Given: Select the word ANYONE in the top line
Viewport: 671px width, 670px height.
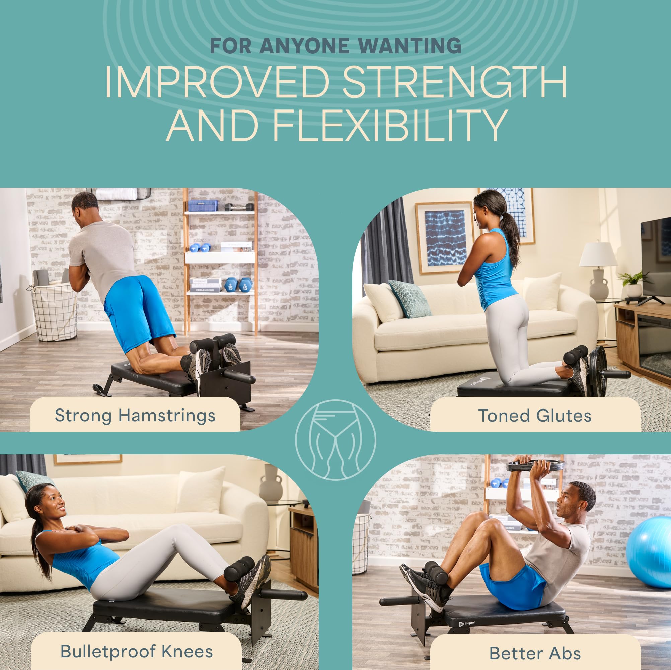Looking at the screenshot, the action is coord(305,46).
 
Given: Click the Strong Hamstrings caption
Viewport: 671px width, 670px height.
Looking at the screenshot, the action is coord(135,416).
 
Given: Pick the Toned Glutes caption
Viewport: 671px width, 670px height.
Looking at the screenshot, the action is coord(534,416).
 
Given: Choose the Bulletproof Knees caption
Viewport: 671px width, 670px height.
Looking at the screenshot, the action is coord(136,651).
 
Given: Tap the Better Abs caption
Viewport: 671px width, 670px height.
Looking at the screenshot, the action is coord(535,653).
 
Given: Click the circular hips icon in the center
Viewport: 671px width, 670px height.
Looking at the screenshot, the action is coord(335,440).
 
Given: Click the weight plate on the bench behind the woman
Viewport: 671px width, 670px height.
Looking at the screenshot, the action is coord(598,372).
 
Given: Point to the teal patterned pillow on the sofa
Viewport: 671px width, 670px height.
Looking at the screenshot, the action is coord(409,299).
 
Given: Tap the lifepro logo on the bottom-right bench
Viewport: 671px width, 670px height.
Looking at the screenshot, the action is coord(467,623).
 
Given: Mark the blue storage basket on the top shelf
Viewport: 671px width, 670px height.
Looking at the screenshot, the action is coord(203,206).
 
